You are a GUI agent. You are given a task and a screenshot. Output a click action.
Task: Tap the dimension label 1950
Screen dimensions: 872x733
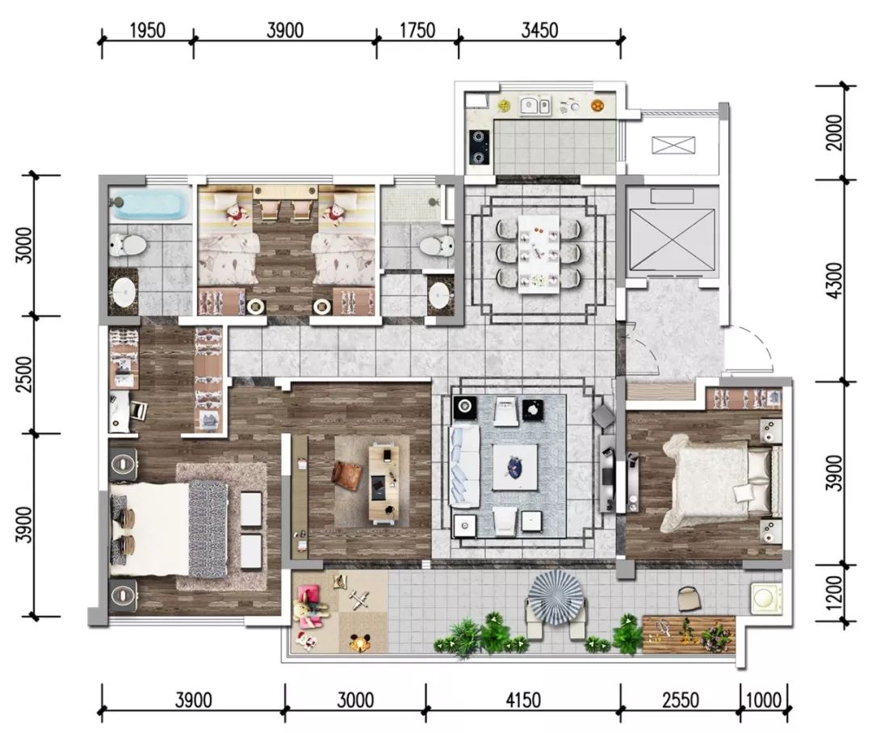pyautogui.click(x=148, y=31)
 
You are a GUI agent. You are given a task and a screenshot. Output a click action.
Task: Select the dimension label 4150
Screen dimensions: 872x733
pyautogui.click(x=522, y=700)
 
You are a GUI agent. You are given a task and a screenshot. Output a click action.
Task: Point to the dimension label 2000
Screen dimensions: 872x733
pyautogui.click(x=834, y=133)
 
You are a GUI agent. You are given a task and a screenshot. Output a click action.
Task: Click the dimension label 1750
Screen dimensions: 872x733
pyautogui.click(x=417, y=31)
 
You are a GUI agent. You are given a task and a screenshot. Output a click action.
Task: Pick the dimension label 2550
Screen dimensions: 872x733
pyautogui.click(x=680, y=700)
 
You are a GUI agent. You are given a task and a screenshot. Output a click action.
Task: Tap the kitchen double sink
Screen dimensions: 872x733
pyautogui.click(x=535, y=105)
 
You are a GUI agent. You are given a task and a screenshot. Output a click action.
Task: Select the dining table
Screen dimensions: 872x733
pyautogui.click(x=539, y=254)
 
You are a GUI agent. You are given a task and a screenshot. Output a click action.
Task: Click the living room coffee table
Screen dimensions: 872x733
pyautogui.click(x=515, y=467)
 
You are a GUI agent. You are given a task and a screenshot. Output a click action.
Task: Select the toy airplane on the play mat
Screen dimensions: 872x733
pyautogui.click(x=360, y=600)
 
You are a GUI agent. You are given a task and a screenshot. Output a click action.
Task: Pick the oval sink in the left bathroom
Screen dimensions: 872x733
pyautogui.click(x=124, y=293)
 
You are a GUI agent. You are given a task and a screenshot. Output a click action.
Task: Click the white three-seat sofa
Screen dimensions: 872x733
pyautogui.click(x=463, y=465)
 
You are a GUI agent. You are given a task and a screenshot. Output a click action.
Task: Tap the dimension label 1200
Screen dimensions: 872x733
pyautogui.click(x=834, y=592)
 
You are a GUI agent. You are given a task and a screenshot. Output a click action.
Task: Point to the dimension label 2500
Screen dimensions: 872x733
pyautogui.click(x=24, y=374)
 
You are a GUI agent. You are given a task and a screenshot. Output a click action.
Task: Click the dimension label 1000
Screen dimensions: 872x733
pyautogui.click(x=763, y=700)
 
